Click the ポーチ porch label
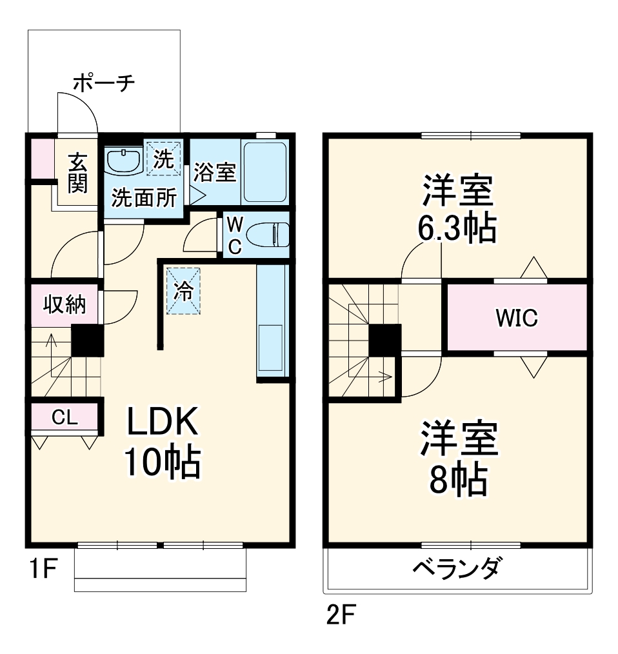click(x=103, y=83)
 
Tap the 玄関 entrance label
click(x=77, y=173)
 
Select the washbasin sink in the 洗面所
click(x=124, y=162)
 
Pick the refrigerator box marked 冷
click(x=183, y=291)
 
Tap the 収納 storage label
click(x=65, y=304)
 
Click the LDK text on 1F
click(x=161, y=423)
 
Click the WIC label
click(x=517, y=318)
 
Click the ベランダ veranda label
click(x=456, y=570)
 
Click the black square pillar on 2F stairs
click(x=384, y=340)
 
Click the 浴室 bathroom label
click(x=214, y=172)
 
